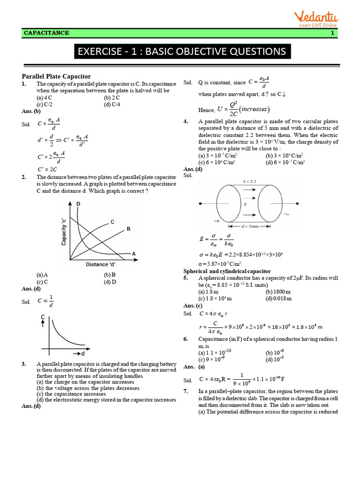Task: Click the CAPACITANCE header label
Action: click(46, 33)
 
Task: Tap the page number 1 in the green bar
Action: click(332, 33)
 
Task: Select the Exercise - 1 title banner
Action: click(182, 51)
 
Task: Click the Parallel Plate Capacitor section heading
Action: click(56, 76)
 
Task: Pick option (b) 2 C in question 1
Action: click(112, 97)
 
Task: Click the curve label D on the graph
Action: click(78, 203)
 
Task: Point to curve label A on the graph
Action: click(134, 254)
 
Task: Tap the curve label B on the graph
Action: click(128, 229)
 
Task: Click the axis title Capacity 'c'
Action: click(63, 231)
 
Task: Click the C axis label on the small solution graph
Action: click(43, 317)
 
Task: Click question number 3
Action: click(24, 364)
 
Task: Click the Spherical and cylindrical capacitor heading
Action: click(227, 271)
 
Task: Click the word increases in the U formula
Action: click(253, 109)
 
